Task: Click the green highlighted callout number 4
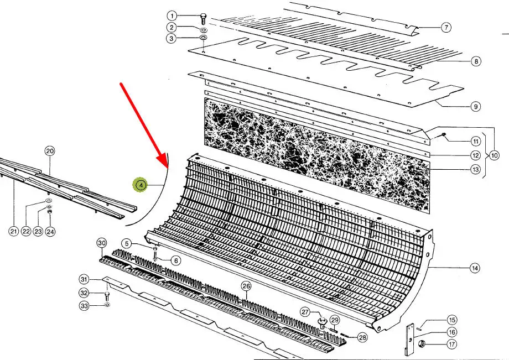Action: (141, 185)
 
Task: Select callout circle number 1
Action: (172, 15)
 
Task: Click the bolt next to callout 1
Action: (203, 19)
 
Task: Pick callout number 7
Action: (446, 27)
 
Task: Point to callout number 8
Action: (476, 61)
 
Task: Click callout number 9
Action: (476, 106)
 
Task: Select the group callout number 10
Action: (494, 156)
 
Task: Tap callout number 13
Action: (476, 169)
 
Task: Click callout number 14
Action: (475, 268)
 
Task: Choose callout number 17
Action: (452, 344)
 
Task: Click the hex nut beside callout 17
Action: (422, 344)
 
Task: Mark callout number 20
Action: (50, 151)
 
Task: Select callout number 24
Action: (50, 232)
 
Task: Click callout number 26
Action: (246, 286)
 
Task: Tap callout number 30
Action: (102, 243)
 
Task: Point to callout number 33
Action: (85, 306)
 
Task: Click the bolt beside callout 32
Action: (107, 296)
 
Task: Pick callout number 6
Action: (176, 260)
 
